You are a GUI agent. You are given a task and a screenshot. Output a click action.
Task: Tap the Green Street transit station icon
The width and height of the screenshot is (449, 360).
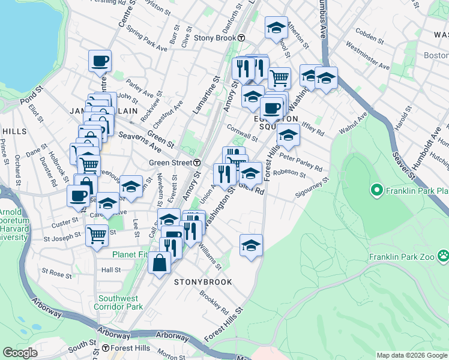point(197,163)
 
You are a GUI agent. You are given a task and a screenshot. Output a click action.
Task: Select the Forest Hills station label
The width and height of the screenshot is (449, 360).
point(130,348)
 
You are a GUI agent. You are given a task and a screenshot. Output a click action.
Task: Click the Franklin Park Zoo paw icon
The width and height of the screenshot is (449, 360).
point(443,257)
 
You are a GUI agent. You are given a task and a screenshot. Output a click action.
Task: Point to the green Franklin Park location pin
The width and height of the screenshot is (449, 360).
point(378,191)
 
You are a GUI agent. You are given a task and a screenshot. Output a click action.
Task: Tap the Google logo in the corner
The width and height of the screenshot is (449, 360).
point(20,353)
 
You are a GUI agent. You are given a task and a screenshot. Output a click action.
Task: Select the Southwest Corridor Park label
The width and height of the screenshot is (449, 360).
point(118,302)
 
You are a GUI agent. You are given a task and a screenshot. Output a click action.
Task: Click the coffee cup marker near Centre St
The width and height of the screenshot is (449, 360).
point(100,61)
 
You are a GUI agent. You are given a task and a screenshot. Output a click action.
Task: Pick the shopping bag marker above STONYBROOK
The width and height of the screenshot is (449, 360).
point(159,263)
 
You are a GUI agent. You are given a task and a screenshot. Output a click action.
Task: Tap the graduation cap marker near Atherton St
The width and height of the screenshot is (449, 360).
point(276,28)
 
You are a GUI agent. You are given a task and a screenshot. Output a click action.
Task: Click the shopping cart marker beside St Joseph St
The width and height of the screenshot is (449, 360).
point(96,234)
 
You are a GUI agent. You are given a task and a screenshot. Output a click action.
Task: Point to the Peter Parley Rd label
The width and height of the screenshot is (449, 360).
point(301,164)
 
